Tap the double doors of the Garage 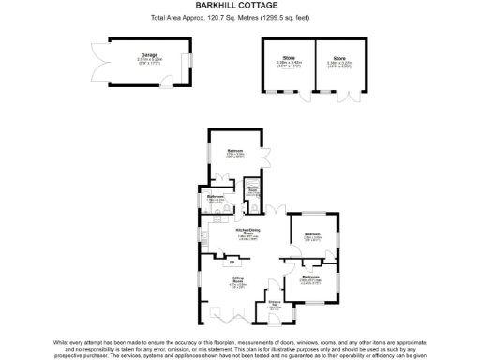(x=97, y=67)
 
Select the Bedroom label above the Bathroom (x=234, y=151)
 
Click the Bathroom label (x=217, y=196)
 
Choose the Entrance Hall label (x=275, y=305)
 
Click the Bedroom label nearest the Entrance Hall (x=310, y=277)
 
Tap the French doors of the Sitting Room (x=242, y=322)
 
